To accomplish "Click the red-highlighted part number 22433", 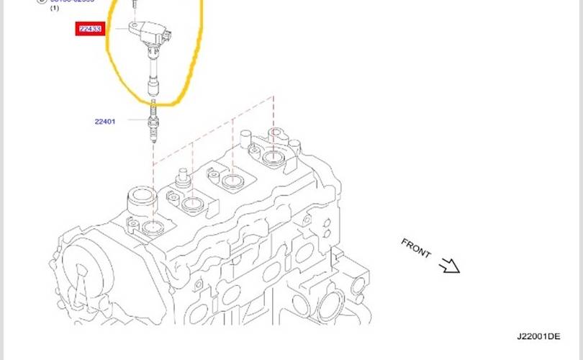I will [x=91, y=30].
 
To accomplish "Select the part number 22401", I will [x=104, y=122].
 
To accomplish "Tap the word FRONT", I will [x=416, y=248].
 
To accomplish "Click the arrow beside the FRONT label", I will [x=449, y=266].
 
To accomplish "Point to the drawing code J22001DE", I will [x=538, y=336].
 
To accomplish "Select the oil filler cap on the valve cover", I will [x=142, y=198].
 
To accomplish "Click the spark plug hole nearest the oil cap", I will [x=152, y=229].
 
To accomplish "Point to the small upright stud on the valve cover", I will [x=184, y=176].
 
